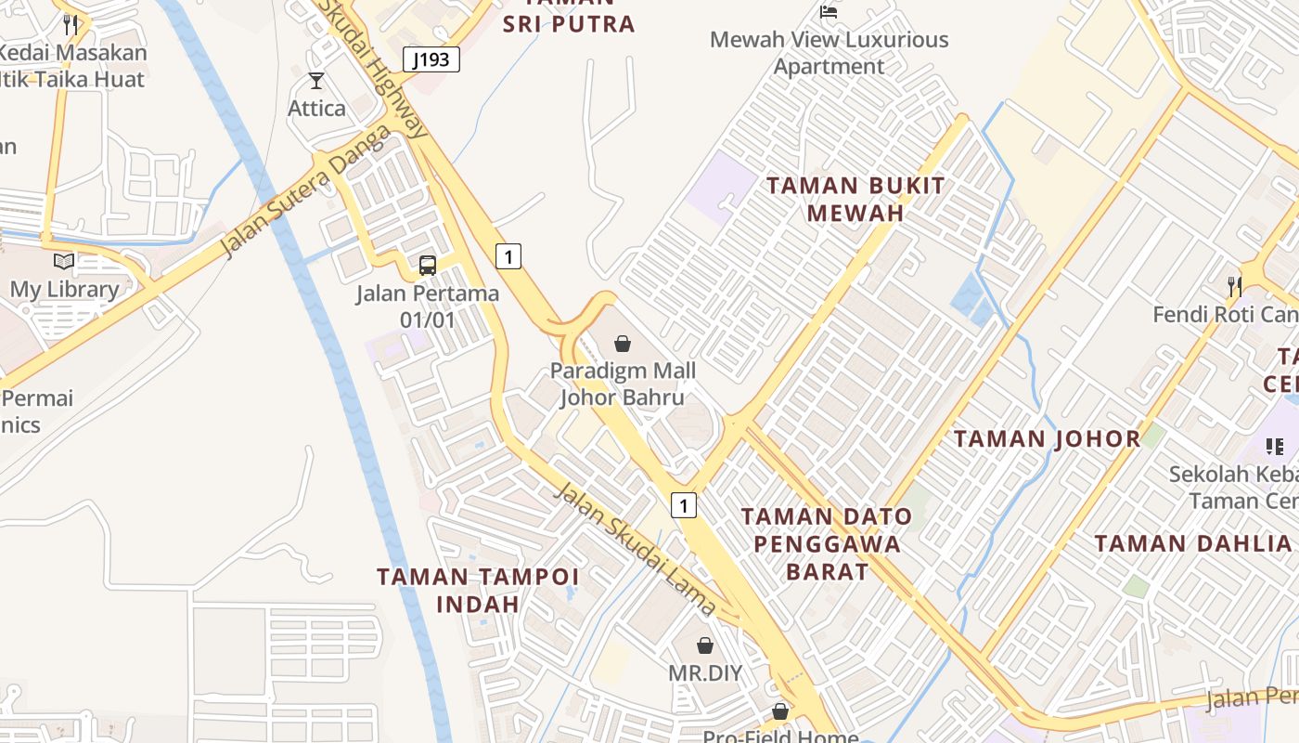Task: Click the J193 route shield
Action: coord(431,60)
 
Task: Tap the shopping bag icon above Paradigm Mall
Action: coord(623,344)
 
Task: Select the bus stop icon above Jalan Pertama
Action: coord(427,266)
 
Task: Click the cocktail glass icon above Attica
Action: coord(316,81)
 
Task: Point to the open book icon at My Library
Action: coord(64,262)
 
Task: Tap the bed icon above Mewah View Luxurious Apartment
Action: coord(829,12)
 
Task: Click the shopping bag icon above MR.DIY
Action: coord(705,645)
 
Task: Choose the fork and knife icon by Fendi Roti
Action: coord(1234,286)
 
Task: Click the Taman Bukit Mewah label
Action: coord(855,199)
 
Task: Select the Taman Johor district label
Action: coord(1048,438)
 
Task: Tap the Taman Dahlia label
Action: coord(1192,543)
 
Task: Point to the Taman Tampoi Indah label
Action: coord(478,590)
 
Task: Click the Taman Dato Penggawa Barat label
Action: coord(827,543)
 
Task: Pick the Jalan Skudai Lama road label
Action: coord(636,548)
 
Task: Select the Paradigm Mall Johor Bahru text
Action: coord(623,384)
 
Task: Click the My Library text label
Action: coord(64,289)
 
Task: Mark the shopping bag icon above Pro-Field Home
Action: coord(780,711)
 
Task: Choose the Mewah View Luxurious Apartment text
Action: coord(829,53)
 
